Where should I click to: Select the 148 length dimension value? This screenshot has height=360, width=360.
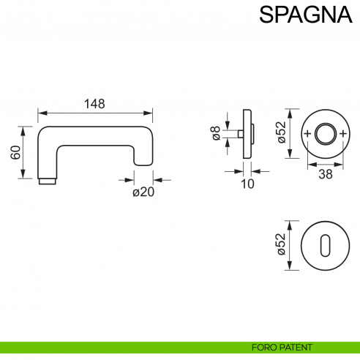point(94,104)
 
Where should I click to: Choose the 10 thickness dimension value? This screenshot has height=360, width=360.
point(247,184)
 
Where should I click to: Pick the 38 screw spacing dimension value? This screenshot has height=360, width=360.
point(326,174)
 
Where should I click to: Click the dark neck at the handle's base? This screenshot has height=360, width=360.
point(47,180)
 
